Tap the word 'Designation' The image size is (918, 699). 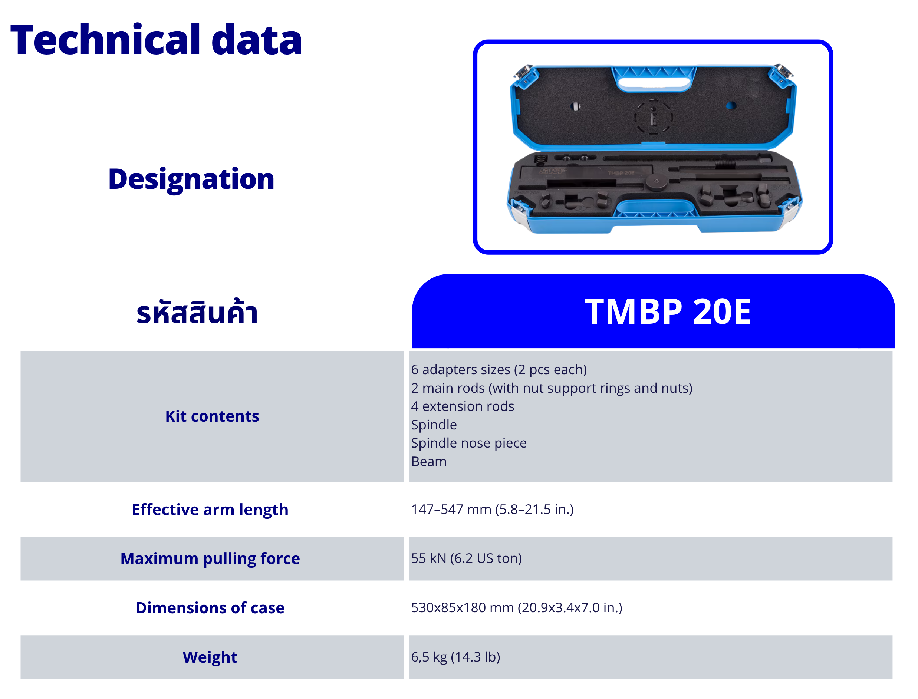(x=191, y=180)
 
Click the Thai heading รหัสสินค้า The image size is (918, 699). (x=197, y=311)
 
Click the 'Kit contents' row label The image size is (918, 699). (x=212, y=416)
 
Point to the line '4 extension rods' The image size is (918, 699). (x=462, y=406)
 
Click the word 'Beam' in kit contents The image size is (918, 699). (x=429, y=461)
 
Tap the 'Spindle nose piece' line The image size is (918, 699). (x=468, y=443)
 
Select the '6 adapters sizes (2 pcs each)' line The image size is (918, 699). (x=499, y=369)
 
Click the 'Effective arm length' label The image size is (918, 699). (x=210, y=510)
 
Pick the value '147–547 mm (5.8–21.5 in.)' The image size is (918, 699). (x=492, y=509)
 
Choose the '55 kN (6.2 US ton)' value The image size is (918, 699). (x=467, y=558)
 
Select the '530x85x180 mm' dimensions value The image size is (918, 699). (x=462, y=607)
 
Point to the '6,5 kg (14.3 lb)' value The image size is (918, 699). (x=456, y=657)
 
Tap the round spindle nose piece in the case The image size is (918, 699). (x=656, y=182)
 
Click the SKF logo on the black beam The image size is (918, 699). (x=553, y=171)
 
